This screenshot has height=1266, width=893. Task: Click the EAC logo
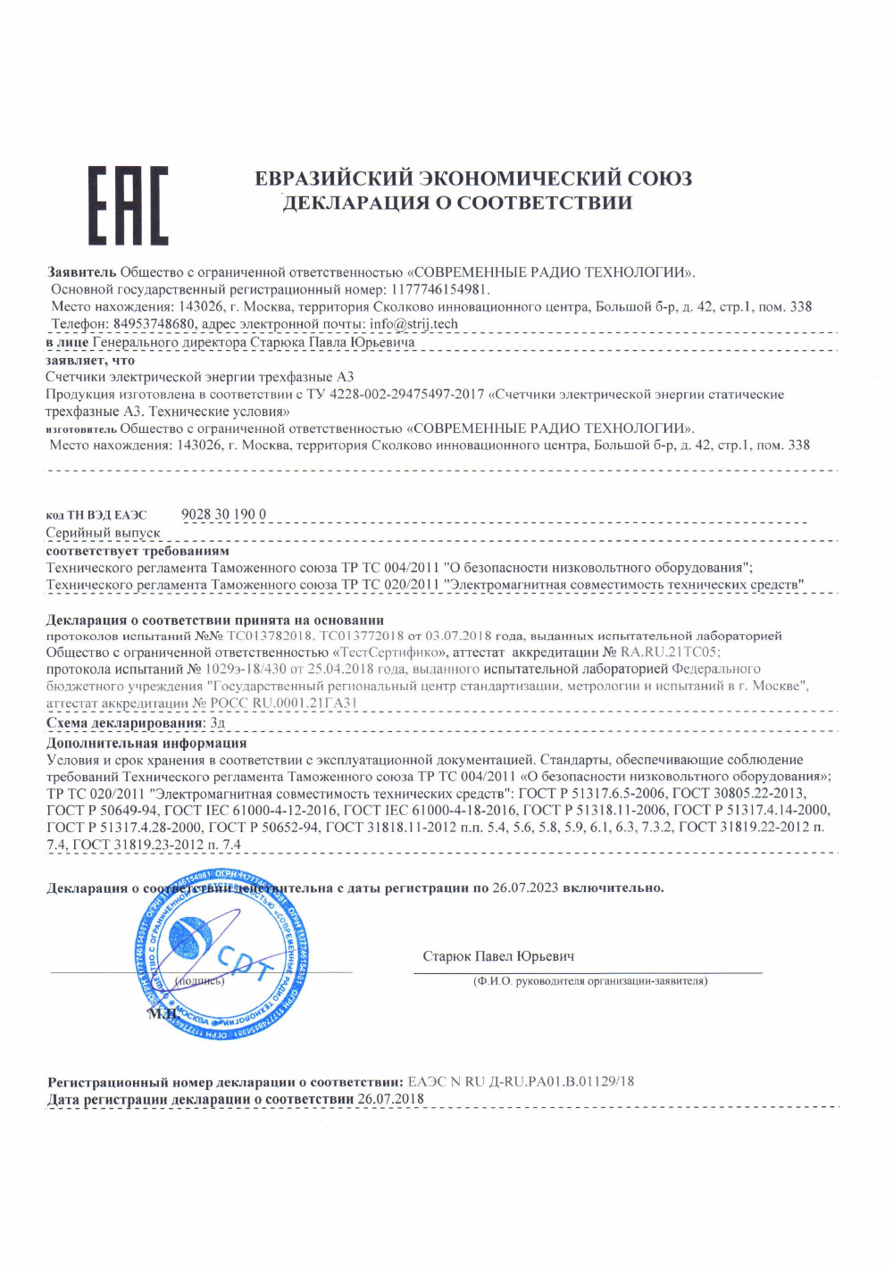[128, 205]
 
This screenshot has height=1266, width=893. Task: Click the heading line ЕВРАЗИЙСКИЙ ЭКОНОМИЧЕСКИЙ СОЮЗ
[473, 179]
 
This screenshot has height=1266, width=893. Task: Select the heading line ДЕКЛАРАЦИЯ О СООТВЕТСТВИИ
[457, 203]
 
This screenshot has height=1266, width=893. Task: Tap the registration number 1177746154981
[439, 289]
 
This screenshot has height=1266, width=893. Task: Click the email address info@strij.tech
[413, 323]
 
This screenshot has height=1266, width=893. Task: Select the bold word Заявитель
[81, 272]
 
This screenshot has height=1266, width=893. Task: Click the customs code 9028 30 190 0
[223, 514]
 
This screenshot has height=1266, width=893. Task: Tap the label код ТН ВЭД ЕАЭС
[96, 515]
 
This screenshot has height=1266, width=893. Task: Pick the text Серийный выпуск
[104, 533]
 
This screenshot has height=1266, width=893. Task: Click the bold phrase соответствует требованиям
[138, 551]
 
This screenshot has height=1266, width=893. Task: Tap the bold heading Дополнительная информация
[146, 743]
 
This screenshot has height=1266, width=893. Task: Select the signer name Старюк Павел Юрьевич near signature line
[498, 956]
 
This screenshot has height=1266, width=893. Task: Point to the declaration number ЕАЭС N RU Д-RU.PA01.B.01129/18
[521, 1081]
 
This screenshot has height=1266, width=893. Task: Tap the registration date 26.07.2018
[390, 1098]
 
